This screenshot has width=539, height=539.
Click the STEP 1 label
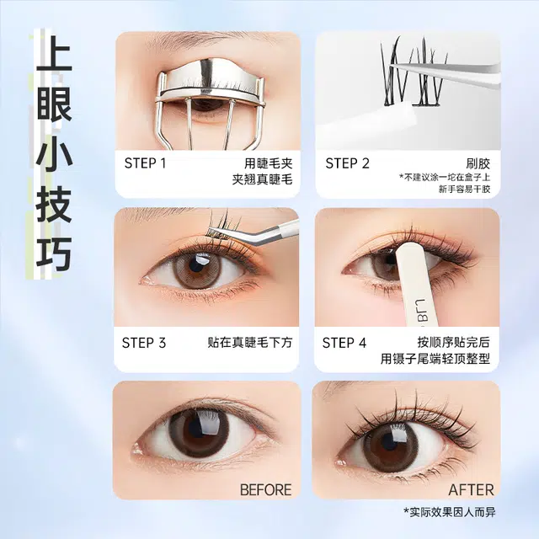tap(145, 163)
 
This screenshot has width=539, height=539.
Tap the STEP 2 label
tap(347, 163)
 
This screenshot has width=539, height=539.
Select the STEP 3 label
tap(144, 343)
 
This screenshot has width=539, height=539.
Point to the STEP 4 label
tap(344, 343)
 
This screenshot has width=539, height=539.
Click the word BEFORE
tap(266, 489)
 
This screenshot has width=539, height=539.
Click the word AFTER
tap(471, 489)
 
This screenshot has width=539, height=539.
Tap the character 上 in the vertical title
tap(54, 54)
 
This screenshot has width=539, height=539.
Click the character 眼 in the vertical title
tap(54, 103)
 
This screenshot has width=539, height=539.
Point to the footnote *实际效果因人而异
tap(449, 512)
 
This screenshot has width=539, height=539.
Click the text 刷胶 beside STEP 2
tap(478, 163)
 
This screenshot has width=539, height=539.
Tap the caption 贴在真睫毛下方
tap(250, 343)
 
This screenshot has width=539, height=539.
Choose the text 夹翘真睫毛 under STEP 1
tap(262, 179)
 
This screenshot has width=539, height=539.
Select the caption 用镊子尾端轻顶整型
tap(435, 359)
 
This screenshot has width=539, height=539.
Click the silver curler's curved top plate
tap(210, 80)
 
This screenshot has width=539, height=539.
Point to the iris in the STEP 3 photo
tap(196, 269)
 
